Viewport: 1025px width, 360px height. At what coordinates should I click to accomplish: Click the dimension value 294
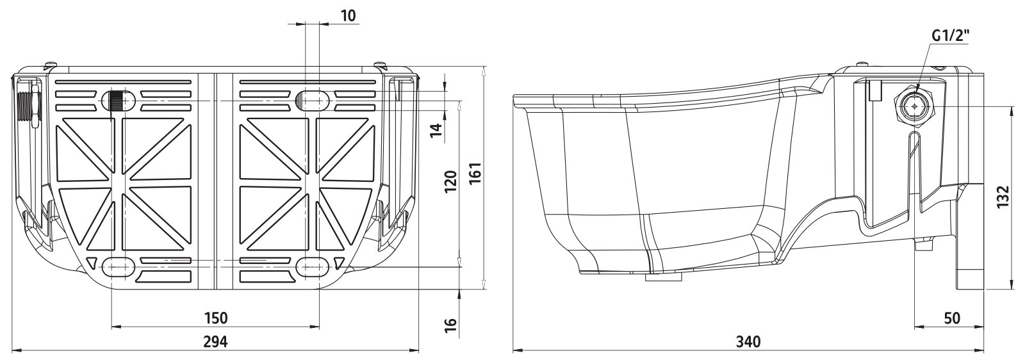click(215, 342)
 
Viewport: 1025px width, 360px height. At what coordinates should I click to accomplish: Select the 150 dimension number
click(215, 318)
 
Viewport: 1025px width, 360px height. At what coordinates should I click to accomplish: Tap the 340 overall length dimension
click(748, 342)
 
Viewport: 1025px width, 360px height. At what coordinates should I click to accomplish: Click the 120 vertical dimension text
click(450, 183)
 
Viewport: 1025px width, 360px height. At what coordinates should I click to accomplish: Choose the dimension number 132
click(1003, 197)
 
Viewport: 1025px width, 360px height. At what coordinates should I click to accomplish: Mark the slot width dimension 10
click(348, 15)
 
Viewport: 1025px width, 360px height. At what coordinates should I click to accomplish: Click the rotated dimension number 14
click(438, 130)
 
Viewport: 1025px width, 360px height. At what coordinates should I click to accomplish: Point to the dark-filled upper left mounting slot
click(118, 100)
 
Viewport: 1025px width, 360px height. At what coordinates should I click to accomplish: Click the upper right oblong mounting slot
click(312, 100)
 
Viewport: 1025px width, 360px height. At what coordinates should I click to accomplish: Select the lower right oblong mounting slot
click(312, 266)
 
